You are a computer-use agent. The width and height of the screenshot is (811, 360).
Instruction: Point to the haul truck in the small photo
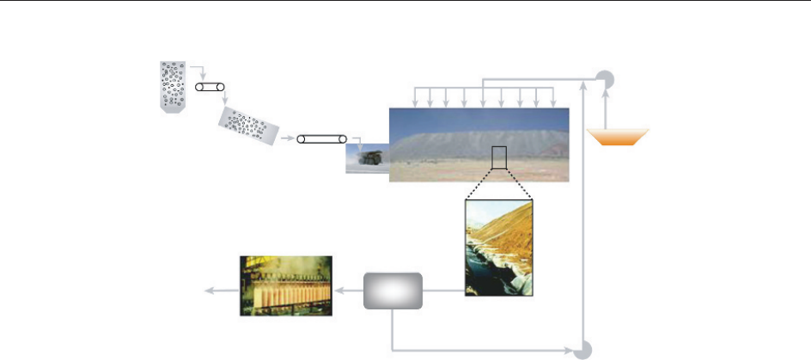tap(371, 157)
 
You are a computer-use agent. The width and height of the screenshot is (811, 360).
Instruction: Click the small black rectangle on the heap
tap(499, 158)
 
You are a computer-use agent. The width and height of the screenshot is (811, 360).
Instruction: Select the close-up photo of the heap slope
tap(498, 248)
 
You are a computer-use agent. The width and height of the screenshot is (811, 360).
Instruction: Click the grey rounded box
tap(393, 290)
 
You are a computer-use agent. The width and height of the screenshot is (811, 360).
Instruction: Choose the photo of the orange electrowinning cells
tap(284, 285)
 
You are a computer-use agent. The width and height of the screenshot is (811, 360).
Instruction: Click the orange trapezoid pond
tap(618, 137)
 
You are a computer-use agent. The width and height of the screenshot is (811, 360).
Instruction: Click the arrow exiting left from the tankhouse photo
tap(219, 290)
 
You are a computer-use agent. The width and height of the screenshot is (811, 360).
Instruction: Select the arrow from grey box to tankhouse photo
tap(348, 290)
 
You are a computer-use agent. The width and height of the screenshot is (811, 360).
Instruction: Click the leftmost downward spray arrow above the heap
tap(416, 96)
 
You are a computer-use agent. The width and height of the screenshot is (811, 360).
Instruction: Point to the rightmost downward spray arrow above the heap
tap(554, 96)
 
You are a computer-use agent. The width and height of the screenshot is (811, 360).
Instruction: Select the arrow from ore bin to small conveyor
tap(197, 70)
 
